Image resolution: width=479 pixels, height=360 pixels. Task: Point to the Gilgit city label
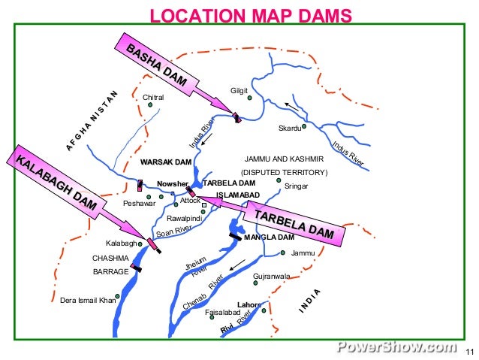click(x=239, y=92)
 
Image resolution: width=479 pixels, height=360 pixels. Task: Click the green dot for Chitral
click(x=150, y=105)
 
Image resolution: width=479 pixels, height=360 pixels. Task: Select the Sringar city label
click(x=297, y=186)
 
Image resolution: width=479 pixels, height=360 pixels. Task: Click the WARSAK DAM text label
click(x=166, y=162)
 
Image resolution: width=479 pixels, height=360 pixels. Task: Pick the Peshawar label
click(x=139, y=204)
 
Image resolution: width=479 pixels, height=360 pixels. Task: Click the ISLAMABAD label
click(x=238, y=195)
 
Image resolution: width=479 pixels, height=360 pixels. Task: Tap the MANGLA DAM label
click(x=268, y=237)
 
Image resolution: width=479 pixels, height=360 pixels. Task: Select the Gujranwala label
click(x=272, y=277)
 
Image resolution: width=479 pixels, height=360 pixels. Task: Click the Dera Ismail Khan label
click(x=88, y=301)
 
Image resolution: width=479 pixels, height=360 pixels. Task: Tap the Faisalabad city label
click(x=222, y=312)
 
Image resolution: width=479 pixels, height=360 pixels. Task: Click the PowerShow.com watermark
click(x=396, y=347)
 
